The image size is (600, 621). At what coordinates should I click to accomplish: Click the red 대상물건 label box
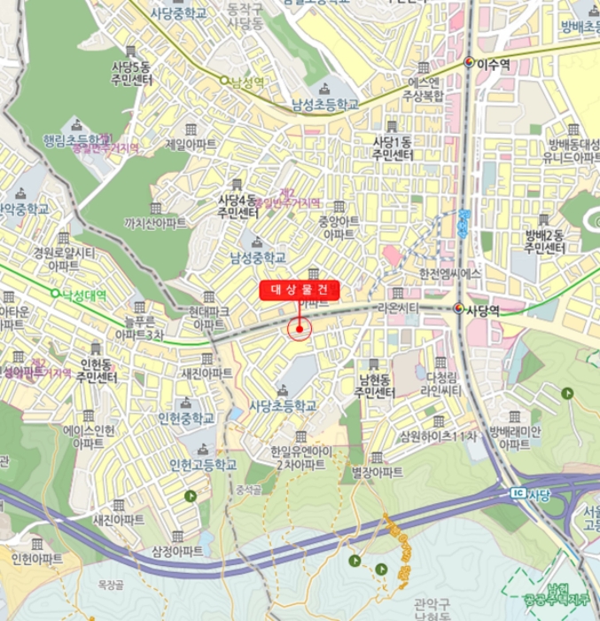coord(300,290)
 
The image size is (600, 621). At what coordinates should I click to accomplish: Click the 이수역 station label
coord(494,64)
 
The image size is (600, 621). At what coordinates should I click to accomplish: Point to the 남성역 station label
coord(248,82)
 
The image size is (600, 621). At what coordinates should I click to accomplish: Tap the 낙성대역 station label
coord(85,295)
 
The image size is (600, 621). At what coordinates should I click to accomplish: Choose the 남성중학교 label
coord(258,258)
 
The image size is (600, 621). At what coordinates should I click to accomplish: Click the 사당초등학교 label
coord(283,405)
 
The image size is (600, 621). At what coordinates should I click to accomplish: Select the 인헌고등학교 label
coord(203,465)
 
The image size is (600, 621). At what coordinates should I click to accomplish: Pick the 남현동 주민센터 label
coord(373,386)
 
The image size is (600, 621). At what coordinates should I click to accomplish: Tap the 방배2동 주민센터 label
coord(544,241)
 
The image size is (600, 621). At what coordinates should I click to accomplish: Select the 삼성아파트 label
coord(177,551)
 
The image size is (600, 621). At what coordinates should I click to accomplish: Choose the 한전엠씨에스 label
coord(449,274)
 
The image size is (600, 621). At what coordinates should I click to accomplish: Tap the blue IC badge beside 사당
coord(518,492)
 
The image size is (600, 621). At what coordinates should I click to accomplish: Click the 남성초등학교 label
coord(325,105)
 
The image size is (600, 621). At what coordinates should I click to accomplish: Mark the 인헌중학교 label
coord(186,418)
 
